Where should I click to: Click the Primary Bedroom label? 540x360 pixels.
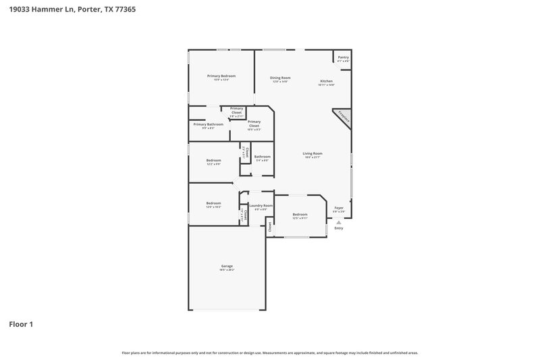(x=221, y=76)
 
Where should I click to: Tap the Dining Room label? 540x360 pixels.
(x=280, y=78)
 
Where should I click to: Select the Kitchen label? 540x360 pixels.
(x=326, y=82)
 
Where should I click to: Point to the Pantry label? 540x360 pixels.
(x=343, y=58)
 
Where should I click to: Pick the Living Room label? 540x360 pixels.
(x=312, y=155)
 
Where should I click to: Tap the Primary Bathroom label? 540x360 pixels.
(x=208, y=125)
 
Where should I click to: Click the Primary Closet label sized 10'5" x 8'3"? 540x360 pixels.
(x=254, y=124)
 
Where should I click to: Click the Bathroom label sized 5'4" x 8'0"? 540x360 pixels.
(x=262, y=158)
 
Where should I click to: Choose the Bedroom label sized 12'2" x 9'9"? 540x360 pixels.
(x=213, y=161)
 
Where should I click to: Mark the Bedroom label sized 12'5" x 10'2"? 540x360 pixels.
(x=213, y=204)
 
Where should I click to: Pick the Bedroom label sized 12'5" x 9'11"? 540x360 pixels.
(x=300, y=215)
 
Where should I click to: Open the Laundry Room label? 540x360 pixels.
(x=261, y=206)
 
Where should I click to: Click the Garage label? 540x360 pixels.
(x=227, y=267)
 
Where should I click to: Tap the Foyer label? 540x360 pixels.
(x=339, y=209)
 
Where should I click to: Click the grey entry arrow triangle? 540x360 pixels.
(x=339, y=221)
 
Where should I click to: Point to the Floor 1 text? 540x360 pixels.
(x=21, y=324)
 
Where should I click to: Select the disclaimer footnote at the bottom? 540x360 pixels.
(x=269, y=353)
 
